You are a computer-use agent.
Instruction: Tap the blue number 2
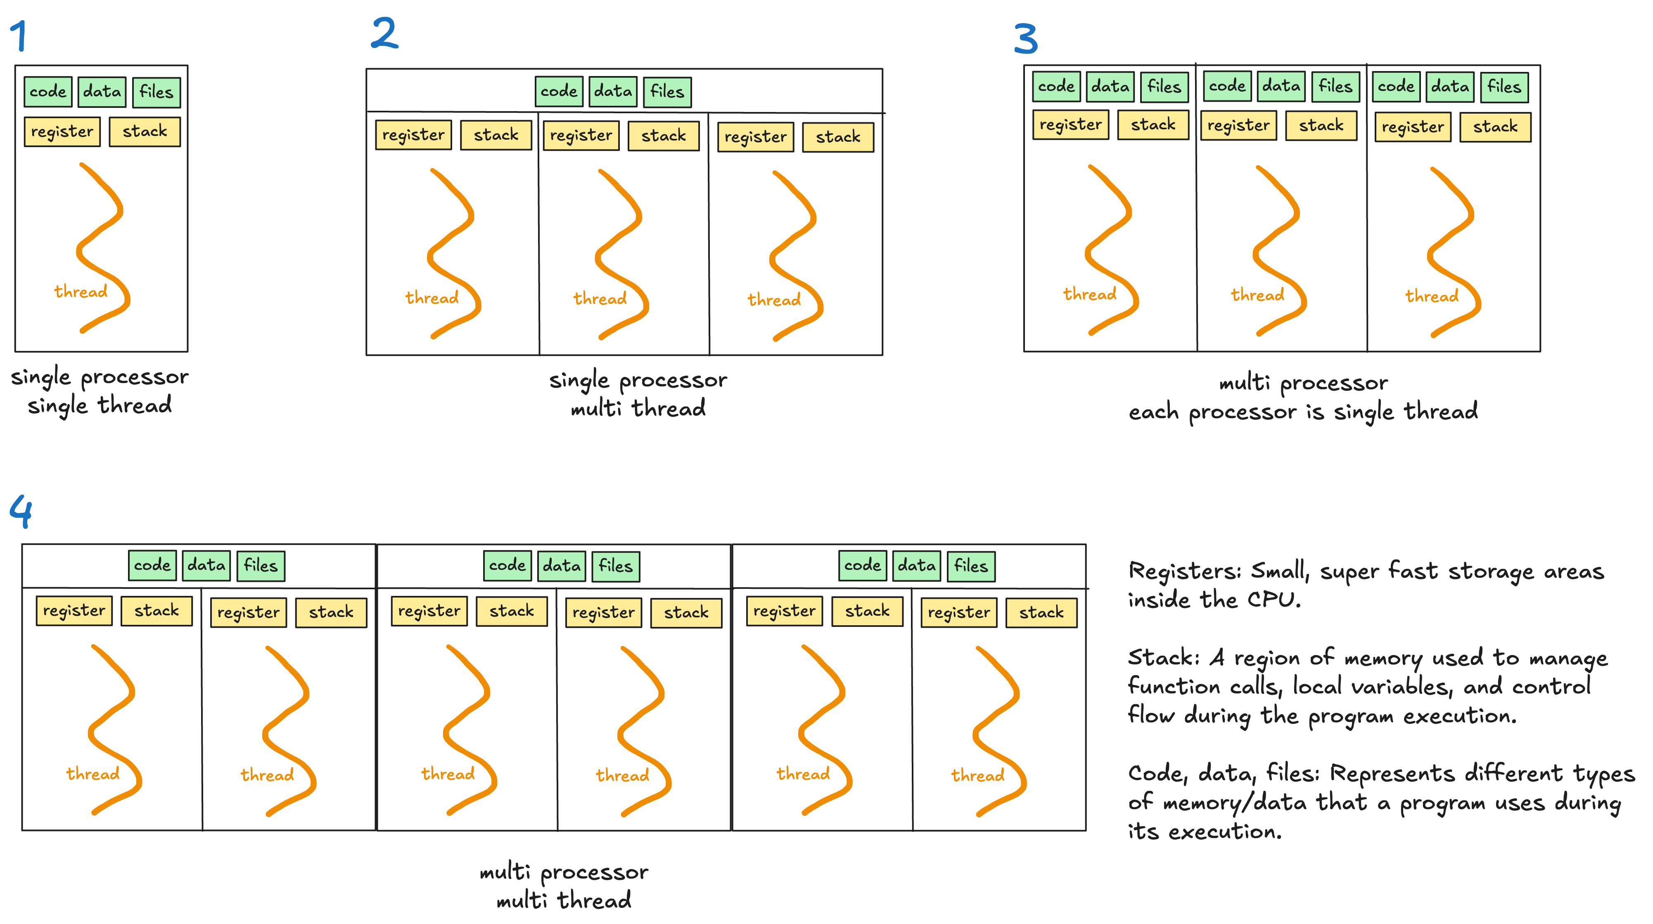tap(384, 33)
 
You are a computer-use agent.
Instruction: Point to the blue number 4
tap(21, 511)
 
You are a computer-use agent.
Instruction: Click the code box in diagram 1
tap(48, 91)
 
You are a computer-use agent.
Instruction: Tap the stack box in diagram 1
tap(145, 132)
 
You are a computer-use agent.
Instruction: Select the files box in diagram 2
tap(667, 92)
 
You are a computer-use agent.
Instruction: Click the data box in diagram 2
tap(613, 91)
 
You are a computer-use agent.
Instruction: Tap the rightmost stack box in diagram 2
tap(837, 137)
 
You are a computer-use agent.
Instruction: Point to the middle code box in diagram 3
tap(1227, 86)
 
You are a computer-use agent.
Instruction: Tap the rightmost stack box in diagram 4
tap(1041, 612)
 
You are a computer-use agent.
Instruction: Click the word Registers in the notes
tap(1183, 570)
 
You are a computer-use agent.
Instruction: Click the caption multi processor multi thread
tap(563, 886)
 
